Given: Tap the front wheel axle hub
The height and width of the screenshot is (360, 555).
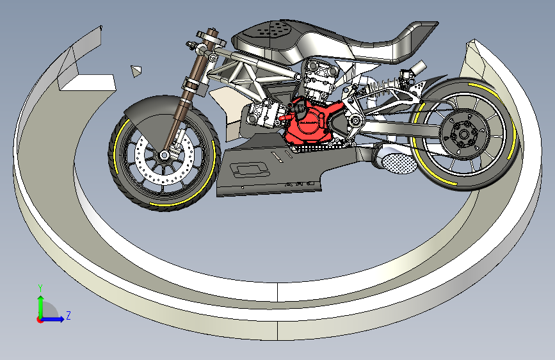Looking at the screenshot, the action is tap(165, 155).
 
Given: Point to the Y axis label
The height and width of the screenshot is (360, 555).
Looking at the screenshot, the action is tap(40, 288).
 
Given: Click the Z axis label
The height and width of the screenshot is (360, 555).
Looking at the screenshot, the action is tap(68, 315).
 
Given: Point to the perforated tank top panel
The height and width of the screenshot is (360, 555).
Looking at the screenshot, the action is tap(272, 28).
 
